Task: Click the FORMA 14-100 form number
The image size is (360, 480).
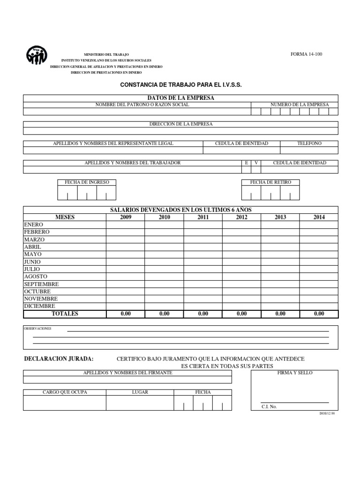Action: (307, 54)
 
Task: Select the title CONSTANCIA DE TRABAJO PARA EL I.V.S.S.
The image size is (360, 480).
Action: (180, 85)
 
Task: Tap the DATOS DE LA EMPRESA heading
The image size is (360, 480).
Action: (180, 97)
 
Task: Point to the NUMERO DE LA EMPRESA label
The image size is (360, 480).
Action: (300, 105)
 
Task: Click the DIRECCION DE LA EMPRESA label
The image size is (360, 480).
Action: (180, 124)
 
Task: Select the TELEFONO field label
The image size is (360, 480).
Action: (309, 143)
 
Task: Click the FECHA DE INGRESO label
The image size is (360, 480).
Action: (87, 182)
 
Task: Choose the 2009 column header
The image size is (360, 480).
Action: (126, 217)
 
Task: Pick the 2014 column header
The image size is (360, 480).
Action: (319, 217)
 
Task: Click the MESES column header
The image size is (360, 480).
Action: (65, 217)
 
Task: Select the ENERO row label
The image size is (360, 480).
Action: (33, 225)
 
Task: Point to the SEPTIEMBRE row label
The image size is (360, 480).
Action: (41, 284)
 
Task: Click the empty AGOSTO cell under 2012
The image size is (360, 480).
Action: (241, 277)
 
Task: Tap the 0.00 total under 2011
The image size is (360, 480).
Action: (203, 314)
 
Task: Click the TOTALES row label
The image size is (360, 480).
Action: (65, 314)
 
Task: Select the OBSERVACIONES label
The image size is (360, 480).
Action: (37, 329)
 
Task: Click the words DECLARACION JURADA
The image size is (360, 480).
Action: (59, 359)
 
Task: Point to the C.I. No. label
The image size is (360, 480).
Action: (269, 406)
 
